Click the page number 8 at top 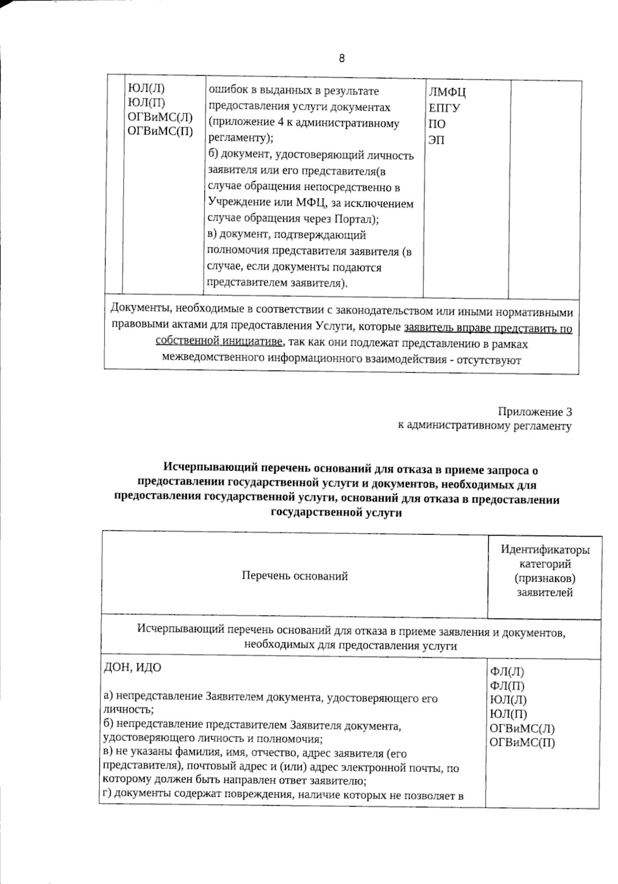click(x=341, y=58)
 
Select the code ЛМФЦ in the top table click(x=447, y=93)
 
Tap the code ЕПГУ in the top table click(x=444, y=109)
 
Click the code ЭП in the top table click(x=436, y=140)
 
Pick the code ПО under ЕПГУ click(x=437, y=124)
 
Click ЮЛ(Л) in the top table click(x=146, y=88)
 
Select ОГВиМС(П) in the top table click(x=160, y=131)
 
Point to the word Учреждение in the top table click(x=235, y=203)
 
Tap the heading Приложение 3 click(x=535, y=412)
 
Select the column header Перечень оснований click(x=295, y=576)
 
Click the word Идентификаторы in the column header click(x=545, y=549)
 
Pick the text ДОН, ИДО click(x=133, y=668)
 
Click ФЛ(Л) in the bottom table click(x=507, y=672)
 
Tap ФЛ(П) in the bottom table click(x=507, y=686)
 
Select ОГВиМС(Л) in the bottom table click(x=522, y=728)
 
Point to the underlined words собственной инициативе click(x=218, y=342)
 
